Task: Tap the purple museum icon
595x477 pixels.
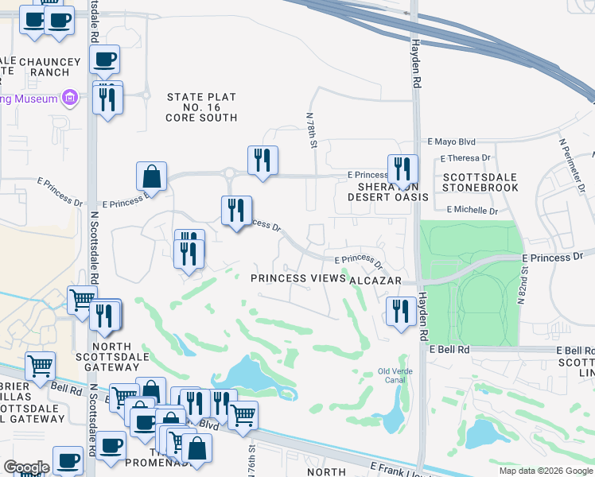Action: (70, 99)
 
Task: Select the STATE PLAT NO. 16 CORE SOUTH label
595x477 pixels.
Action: (201, 107)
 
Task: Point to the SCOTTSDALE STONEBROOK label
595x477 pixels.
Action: (480, 183)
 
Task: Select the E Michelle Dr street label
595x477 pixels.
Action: (472, 210)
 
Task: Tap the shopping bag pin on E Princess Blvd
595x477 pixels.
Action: (151, 176)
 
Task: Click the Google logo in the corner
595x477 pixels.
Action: (26, 467)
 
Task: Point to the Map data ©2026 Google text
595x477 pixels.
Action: (545, 471)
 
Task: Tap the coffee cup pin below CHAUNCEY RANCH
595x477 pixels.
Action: (105, 60)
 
